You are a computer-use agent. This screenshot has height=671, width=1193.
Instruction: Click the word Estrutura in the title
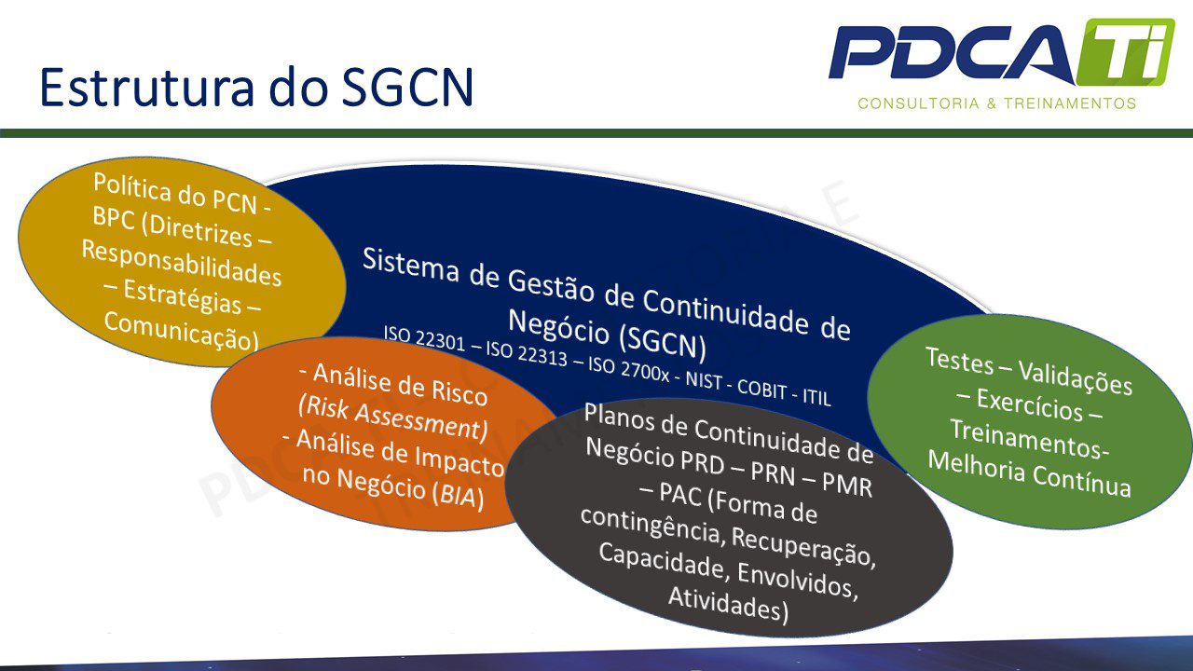click(x=146, y=87)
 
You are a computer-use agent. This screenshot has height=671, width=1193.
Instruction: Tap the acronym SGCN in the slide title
click(x=407, y=87)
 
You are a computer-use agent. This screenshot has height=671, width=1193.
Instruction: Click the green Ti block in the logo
click(x=1125, y=51)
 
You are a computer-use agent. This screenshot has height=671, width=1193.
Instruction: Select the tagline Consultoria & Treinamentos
click(x=997, y=103)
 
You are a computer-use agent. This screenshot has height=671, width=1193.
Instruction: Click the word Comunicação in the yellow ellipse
click(x=182, y=331)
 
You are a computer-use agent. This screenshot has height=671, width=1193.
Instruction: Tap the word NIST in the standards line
click(x=704, y=380)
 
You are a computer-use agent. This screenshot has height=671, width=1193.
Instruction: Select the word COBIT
click(x=761, y=390)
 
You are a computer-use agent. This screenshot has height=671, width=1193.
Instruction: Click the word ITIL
click(x=816, y=397)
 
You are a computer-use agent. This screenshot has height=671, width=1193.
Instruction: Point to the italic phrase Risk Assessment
click(x=393, y=419)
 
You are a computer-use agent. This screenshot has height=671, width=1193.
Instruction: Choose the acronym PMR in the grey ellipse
click(x=847, y=486)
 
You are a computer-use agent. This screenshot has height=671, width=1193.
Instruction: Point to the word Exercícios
click(x=1030, y=405)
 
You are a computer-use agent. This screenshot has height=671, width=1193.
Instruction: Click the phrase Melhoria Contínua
click(x=1030, y=474)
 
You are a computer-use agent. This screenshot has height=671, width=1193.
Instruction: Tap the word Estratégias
click(x=182, y=296)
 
